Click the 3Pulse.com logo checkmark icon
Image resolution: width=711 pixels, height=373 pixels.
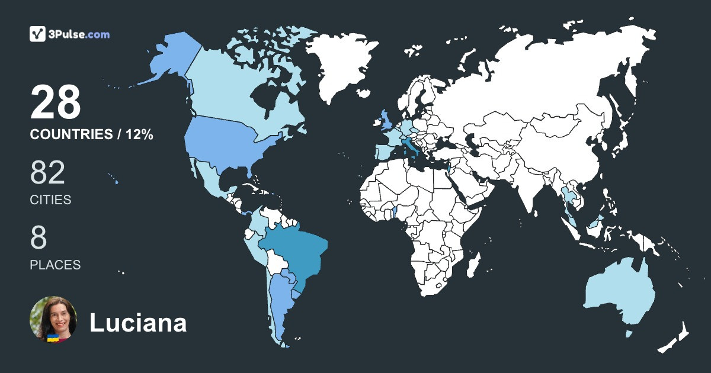click(38, 34)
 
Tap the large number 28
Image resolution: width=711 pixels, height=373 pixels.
click(55, 102)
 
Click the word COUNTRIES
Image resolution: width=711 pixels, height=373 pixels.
click(71, 135)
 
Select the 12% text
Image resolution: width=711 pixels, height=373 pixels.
click(139, 135)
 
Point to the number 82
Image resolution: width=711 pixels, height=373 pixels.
click(47, 173)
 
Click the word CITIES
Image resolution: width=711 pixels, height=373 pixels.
click(50, 200)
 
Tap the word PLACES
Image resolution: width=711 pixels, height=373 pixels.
click(55, 265)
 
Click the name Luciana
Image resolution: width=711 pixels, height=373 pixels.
click(138, 323)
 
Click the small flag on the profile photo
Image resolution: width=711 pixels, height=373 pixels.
click(53, 337)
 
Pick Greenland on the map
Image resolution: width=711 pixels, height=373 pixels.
click(344, 62)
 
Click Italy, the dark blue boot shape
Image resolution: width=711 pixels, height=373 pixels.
click(409, 145)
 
